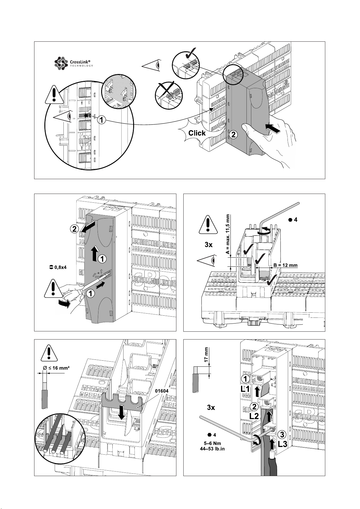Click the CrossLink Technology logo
tap(74, 63)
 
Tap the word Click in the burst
tap(197, 133)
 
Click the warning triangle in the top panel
tap(54, 94)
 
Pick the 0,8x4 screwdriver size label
tap(58, 267)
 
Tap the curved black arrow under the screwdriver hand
tap(65, 303)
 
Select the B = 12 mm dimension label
tap(285, 265)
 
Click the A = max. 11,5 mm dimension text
tap(228, 234)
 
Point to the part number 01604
tap(162, 391)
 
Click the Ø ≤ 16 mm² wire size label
tap(56, 368)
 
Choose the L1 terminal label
tap(245, 389)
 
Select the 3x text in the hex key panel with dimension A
tap(208, 245)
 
